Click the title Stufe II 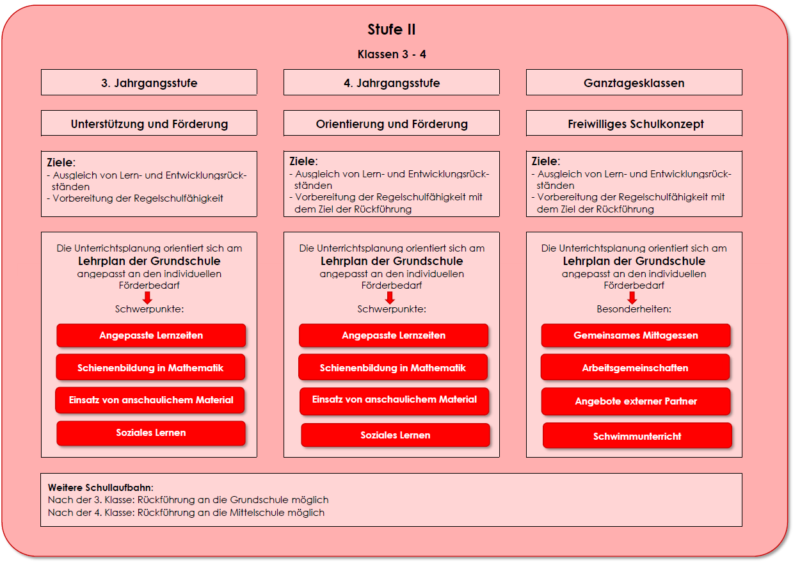[x=391, y=29]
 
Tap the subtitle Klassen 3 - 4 [x=392, y=54]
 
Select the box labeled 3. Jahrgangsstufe [x=149, y=83]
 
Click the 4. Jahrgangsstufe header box [x=392, y=83]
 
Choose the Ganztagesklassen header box [x=634, y=83]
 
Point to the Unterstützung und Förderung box [x=149, y=124]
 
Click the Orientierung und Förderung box [x=392, y=124]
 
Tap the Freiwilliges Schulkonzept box [x=634, y=124]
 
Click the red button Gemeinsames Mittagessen [x=636, y=335]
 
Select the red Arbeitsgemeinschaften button [x=635, y=367]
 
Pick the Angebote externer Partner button [x=636, y=401]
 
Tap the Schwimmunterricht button [x=637, y=435]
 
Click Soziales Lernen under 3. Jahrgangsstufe [x=151, y=433]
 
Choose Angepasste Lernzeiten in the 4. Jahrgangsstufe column [x=394, y=335]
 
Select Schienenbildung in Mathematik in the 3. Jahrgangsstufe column [x=150, y=367]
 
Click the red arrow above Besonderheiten [x=632, y=298]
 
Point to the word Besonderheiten [x=634, y=309]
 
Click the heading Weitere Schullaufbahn [x=100, y=488]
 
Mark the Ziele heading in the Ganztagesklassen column [x=545, y=161]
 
